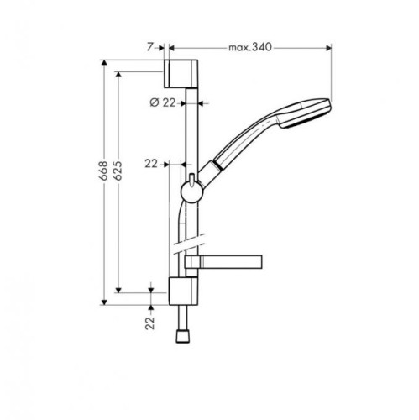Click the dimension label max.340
pos(250,49)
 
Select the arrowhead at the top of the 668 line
pos(104,62)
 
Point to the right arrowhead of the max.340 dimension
pos(331,49)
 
